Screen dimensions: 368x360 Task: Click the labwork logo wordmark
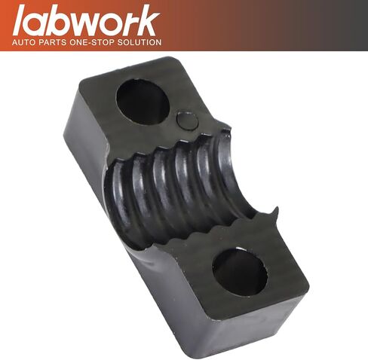tap(86, 21)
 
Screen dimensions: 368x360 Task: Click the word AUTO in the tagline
tap(23, 42)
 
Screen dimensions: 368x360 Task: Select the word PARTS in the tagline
tap(52, 42)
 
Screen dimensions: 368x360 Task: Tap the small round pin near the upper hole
tap(188, 121)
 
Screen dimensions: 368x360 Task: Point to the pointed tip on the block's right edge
tap(277, 207)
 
